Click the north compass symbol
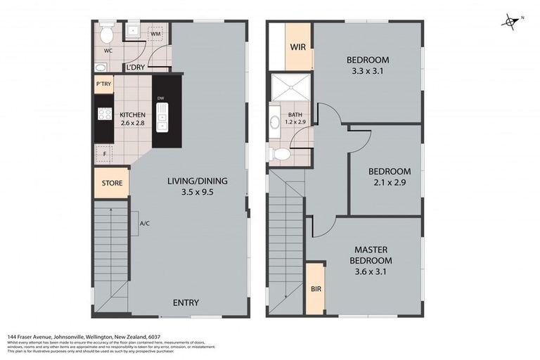coord(510,22)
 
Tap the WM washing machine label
coord(155,33)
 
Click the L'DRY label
coord(136,67)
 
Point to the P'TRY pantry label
coord(103,84)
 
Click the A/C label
coord(145,224)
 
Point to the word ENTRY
coord(186,303)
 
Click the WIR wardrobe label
coord(297,48)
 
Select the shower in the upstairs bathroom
coord(290,88)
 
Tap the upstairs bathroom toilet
coord(282,153)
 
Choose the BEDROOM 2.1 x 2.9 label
coord(389,176)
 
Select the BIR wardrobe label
coord(314,289)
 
